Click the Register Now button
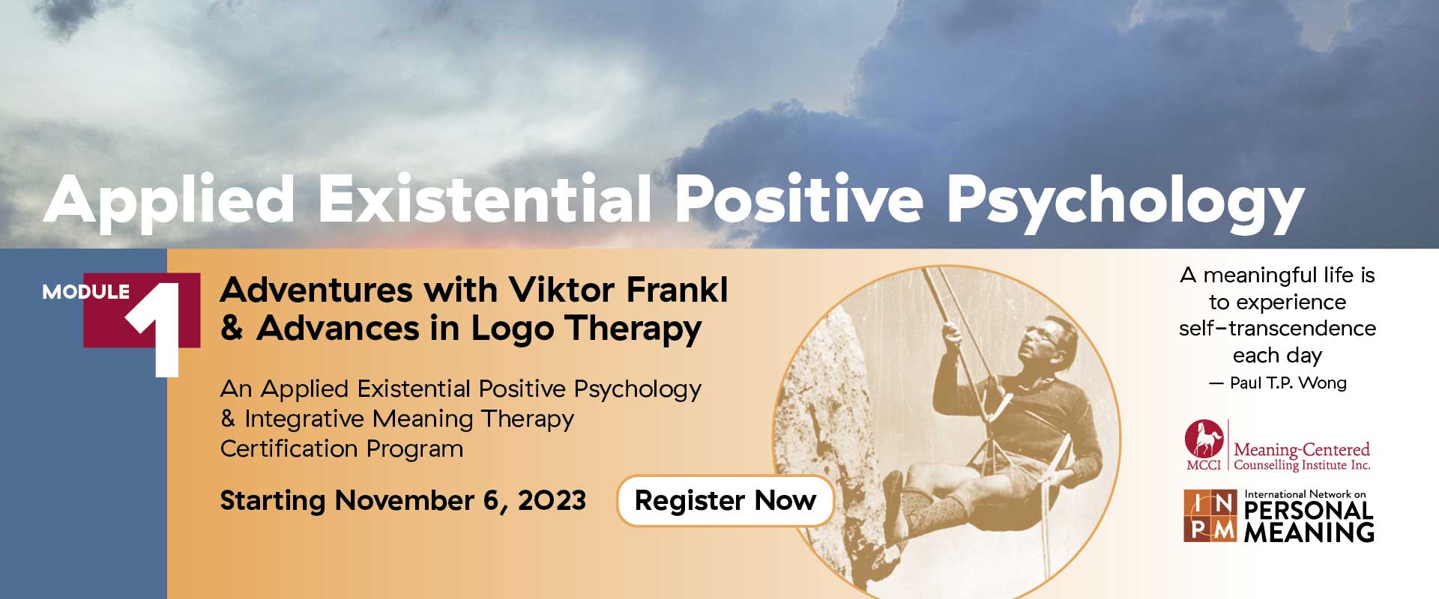[725, 500]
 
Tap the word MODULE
[86, 292]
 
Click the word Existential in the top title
[484, 199]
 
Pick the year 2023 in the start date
[552, 500]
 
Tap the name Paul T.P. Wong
[1288, 383]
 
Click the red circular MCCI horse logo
[1204, 440]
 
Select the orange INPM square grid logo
[1210, 516]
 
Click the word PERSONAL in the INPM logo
[1309, 511]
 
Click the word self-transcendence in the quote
[1277, 329]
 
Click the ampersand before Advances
[232, 328]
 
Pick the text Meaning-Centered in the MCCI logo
[1302, 450]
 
